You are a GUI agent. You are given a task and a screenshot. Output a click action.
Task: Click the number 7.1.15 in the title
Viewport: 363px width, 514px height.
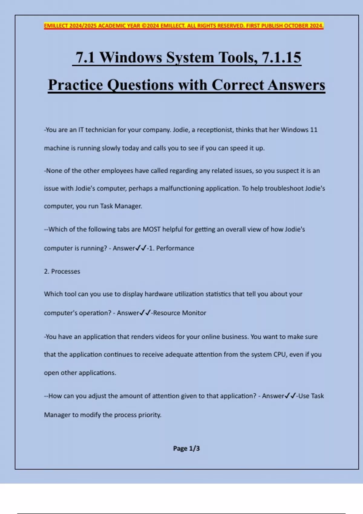pos(281,57)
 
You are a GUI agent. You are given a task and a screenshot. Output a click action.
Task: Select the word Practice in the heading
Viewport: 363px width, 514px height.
pos(76,85)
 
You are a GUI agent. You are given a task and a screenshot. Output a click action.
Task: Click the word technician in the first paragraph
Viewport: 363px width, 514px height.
pos(100,130)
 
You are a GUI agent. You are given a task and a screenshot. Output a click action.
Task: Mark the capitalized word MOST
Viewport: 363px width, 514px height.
pos(152,229)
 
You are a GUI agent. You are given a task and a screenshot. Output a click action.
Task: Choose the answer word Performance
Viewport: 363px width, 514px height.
pos(175,248)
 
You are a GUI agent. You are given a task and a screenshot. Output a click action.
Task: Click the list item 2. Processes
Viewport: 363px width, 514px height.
pos(62,272)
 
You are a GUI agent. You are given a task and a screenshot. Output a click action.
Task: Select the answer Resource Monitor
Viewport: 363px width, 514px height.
pos(180,313)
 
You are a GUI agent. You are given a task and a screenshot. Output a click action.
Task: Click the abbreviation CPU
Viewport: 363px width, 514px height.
pos(280,354)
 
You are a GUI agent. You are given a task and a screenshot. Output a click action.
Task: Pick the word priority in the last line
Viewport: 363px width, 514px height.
pos(149,415)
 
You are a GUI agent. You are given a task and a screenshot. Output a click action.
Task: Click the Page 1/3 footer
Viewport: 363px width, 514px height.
pos(186,448)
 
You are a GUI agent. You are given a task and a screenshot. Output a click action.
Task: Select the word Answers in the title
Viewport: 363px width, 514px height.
pos(296,85)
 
